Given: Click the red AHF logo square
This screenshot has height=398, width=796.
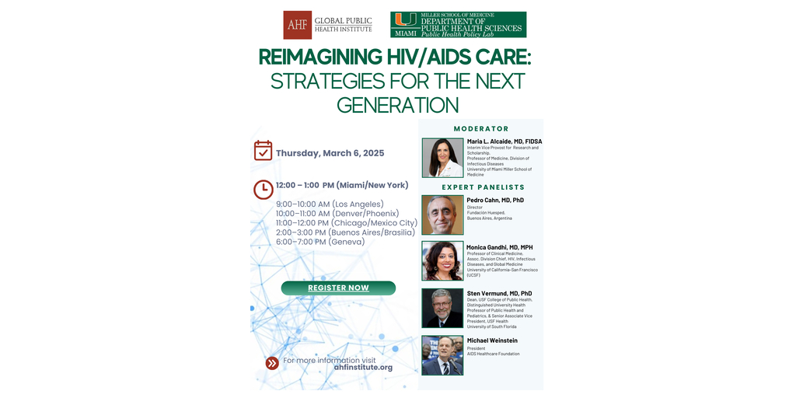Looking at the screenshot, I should click(297, 25).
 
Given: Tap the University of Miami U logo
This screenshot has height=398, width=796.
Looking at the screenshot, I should click(404, 21).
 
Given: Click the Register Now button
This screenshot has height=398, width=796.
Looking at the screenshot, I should click(338, 288).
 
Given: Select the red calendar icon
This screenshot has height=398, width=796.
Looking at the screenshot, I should click(263, 151).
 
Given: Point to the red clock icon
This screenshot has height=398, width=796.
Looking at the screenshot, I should click(263, 189).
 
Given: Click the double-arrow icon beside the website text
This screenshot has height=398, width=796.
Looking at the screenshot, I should click(271, 363).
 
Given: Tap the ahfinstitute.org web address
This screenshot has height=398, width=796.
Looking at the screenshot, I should click(363, 368).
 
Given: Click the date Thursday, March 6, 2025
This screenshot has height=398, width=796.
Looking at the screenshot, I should click(330, 153).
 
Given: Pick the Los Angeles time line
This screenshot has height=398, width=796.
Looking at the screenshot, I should click(330, 204).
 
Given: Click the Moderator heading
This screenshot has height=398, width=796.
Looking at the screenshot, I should click(481, 129).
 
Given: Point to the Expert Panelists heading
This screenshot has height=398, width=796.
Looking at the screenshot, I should click(483, 187).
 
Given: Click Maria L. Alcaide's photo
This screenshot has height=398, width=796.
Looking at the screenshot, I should click(442, 158).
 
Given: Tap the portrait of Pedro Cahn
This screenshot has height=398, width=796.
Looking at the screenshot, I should click(442, 215).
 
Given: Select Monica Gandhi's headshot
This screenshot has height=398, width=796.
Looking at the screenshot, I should click(442, 261).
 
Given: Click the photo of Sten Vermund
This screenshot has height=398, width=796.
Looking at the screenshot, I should click(442, 308).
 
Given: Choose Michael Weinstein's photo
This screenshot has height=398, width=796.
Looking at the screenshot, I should click(442, 355).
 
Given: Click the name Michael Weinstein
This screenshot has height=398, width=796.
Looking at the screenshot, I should click(491, 340).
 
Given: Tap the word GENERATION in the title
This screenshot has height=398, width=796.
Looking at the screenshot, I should click(397, 104).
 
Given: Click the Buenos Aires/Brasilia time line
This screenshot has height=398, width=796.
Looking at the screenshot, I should click(345, 232).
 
